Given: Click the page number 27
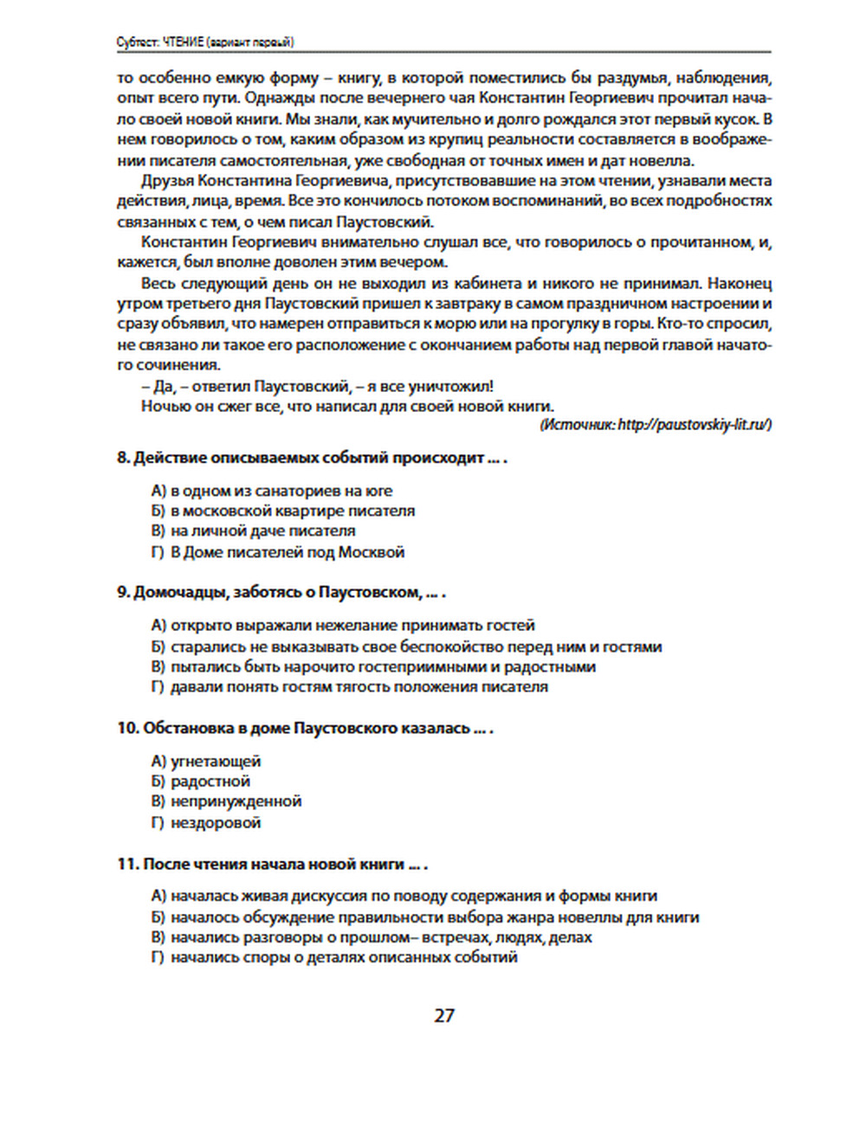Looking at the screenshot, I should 443,1015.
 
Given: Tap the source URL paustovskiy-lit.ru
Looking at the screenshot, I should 693,425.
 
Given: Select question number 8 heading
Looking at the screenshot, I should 312,458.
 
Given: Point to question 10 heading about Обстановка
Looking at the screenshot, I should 305,728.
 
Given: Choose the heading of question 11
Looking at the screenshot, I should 272,864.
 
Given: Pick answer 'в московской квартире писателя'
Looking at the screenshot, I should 292,511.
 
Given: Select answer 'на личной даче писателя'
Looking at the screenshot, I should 262,530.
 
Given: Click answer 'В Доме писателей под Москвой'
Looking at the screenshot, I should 287,551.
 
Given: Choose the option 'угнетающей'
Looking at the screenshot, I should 215,762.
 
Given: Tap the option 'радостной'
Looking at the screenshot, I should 210,781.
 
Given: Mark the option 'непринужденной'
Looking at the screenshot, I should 236,801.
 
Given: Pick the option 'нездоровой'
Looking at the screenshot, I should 215,822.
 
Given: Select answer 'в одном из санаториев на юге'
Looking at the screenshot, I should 281,491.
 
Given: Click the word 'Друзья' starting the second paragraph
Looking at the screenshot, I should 167,181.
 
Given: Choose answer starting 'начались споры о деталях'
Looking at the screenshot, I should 343,957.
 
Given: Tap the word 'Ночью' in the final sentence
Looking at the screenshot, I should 162,406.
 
